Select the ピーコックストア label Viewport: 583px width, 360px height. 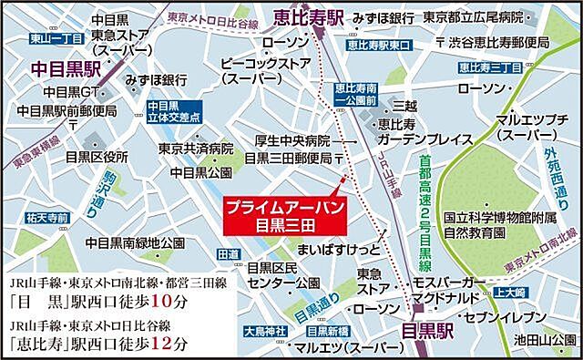coord(261,63)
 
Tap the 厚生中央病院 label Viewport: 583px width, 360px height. coord(291,141)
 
